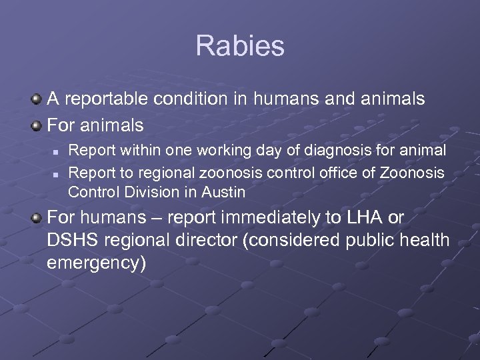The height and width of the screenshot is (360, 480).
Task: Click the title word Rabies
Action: (240, 46)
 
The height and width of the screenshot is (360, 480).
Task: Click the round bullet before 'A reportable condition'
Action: (37, 100)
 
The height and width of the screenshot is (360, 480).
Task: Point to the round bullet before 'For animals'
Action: (37, 125)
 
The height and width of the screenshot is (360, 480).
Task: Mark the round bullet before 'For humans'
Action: (37, 218)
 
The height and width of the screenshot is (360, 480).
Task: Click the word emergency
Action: (96, 263)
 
